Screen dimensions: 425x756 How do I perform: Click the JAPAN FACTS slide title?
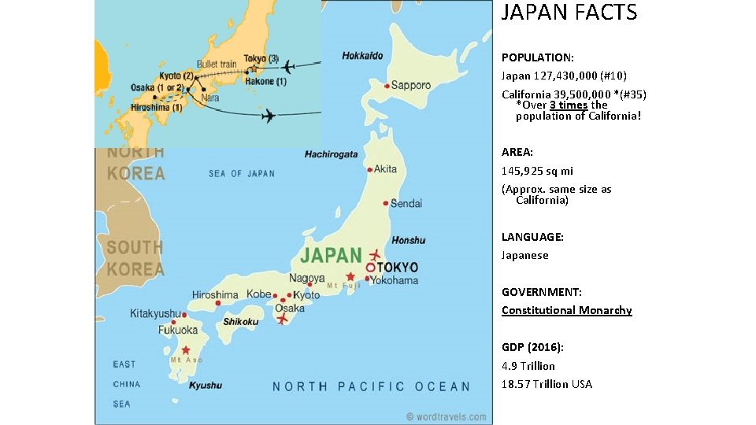569,13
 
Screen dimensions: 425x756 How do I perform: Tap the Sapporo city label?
411,85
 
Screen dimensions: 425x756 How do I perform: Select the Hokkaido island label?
363,56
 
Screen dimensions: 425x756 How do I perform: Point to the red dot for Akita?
369,169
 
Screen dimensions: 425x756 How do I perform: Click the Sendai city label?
406,203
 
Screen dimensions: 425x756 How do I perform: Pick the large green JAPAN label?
332,255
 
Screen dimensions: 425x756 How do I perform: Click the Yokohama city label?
395,280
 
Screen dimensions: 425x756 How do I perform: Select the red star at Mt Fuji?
350,276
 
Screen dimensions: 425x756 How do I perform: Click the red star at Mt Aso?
186,350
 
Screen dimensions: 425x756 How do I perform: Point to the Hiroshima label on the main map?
215,294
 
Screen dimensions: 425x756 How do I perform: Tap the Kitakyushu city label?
155,313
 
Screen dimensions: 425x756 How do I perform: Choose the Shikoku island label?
241,321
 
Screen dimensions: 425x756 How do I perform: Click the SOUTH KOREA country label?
135,258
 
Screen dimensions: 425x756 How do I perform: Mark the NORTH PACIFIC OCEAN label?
371,386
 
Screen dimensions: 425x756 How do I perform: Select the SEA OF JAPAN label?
242,173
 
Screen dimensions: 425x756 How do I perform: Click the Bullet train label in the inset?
217,63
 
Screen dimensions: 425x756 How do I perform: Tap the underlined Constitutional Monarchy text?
566,310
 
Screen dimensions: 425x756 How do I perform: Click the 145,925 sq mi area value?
537,171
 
